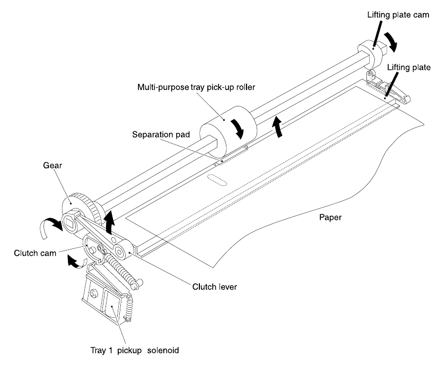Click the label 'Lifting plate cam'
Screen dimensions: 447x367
(398, 15)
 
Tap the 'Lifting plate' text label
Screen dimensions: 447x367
(408, 67)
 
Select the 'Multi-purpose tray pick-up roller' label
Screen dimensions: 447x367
(196, 87)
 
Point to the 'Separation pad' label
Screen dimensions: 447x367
(161, 135)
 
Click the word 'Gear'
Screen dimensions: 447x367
(52, 165)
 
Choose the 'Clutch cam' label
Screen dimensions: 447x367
(35, 253)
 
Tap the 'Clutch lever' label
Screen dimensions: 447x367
(214, 287)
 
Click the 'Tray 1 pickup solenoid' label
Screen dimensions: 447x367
(135, 350)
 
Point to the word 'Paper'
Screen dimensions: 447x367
(330, 218)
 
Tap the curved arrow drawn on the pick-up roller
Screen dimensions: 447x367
(238, 129)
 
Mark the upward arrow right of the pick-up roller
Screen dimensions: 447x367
(277, 127)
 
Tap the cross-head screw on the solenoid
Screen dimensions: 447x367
(94, 293)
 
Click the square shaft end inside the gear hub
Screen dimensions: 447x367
(70, 222)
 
